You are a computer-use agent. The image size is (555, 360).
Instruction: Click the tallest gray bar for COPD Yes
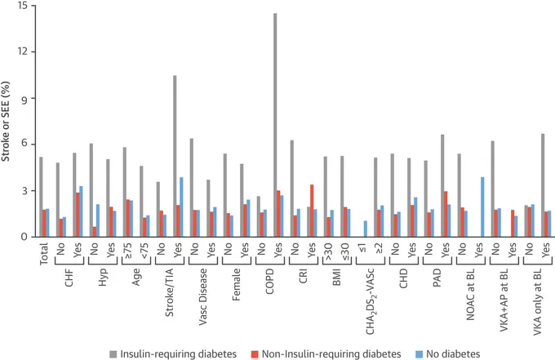pyautogui.click(x=275, y=125)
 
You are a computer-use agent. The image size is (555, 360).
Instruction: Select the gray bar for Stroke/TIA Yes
pyautogui.click(x=175, y=156)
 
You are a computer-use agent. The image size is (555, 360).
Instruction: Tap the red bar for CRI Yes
pyautogui.click(x=312, y=211)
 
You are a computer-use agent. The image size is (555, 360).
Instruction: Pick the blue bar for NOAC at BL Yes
pyautogui.click(x=482, y=207)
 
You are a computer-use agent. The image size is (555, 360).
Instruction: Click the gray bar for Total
pyautogui.click(x=41, y=197)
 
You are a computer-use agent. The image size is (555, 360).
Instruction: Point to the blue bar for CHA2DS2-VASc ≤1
pyautogui.click(x=366, y=229)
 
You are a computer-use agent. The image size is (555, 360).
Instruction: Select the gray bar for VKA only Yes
pyautogui.click(x=543, y=185)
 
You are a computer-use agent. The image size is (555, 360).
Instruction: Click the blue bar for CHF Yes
pyautogui.click(x=81, y=211)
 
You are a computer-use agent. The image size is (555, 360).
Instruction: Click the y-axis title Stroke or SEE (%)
pyautogui.click(x=6, y=122)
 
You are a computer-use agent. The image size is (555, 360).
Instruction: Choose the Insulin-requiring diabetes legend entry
pyautogui.click(x=173, y=354)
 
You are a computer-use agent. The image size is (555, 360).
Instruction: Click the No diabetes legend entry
pyautogui.click(x=447, y=354)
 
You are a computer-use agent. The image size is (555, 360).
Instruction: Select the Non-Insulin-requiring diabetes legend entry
pyautogui.click(x=326, y=354)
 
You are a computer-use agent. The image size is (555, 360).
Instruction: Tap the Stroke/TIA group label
pyautogui.click(x=170, y=292)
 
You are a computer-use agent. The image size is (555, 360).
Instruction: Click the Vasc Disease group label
pyautogui.click(x=202, y=297)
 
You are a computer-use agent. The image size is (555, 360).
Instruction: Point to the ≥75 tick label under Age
pyautogui.click(x=128, y=250)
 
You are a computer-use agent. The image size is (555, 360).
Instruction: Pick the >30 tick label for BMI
pyautogui.click(x=329, y=250)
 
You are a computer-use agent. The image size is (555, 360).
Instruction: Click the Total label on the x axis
pyautogui.click(x=44, y=253)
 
